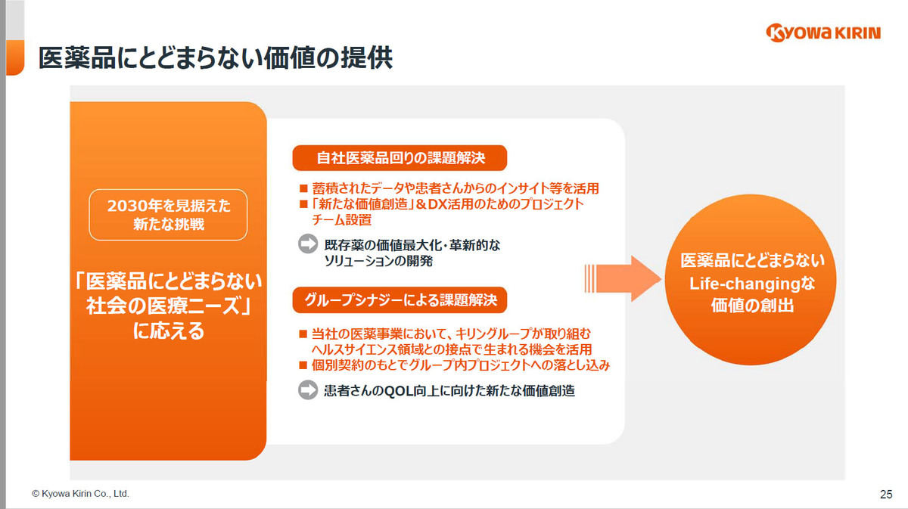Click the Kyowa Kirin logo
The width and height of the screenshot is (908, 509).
823,33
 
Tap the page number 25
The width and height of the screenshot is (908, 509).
886,494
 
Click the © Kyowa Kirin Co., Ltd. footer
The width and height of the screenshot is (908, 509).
80,494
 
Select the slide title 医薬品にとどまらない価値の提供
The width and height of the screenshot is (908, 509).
215,58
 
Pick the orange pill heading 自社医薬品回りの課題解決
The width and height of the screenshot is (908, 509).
400,157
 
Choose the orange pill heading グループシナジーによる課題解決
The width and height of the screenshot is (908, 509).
400,300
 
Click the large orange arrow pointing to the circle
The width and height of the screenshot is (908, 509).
623,278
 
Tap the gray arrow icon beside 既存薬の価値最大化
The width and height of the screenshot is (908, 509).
308,244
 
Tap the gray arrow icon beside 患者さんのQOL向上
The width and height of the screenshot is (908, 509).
308,390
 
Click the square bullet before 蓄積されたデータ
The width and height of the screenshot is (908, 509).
303,188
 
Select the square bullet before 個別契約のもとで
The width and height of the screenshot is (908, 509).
303,365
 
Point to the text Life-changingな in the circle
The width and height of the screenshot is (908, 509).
752,284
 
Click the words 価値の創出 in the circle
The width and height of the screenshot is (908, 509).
752,305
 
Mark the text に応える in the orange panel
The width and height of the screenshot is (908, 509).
169,331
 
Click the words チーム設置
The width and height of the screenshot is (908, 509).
342,219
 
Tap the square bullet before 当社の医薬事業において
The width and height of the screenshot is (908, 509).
303,334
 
